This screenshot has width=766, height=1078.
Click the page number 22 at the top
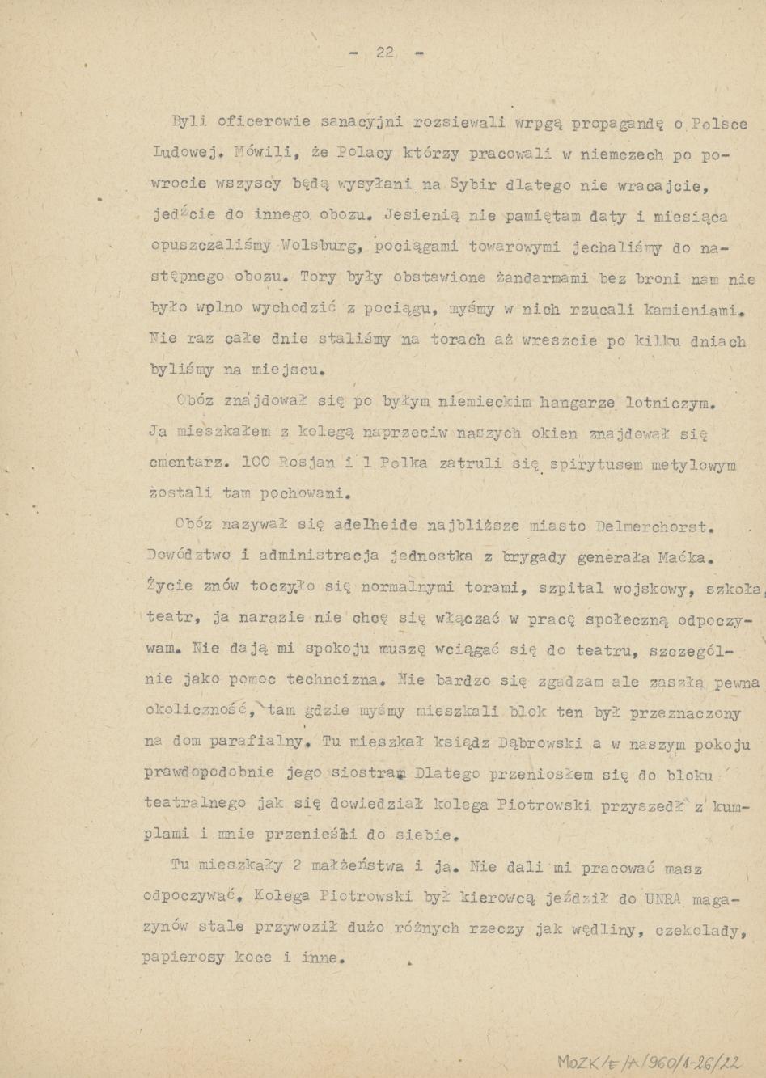[384, 53]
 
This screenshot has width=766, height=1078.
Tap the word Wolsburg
[311, 247]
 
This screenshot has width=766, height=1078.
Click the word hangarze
[577, 402]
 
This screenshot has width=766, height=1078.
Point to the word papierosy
[183, 959]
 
